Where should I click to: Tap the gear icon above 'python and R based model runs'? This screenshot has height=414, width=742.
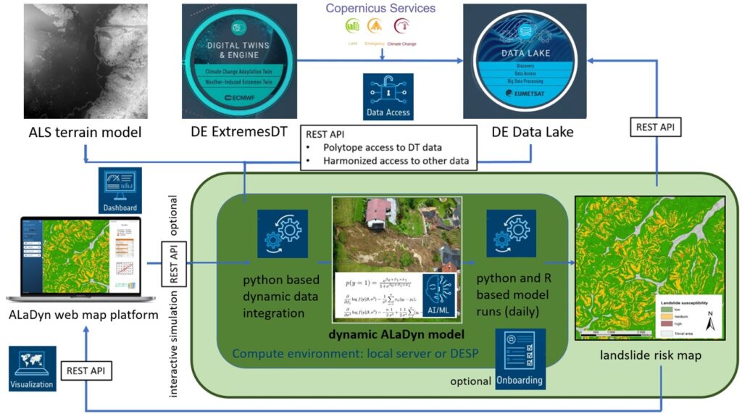coord(511,232)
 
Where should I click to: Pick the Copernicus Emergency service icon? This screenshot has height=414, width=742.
coord(375,26)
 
